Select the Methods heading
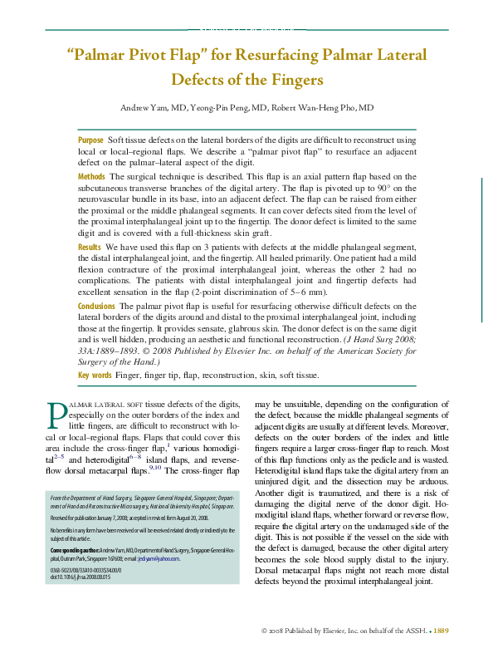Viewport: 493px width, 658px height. (x=91, y=177)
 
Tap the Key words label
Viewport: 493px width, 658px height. (x=95, y=376)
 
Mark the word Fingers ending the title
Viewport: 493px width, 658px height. (x=293, y=81)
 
